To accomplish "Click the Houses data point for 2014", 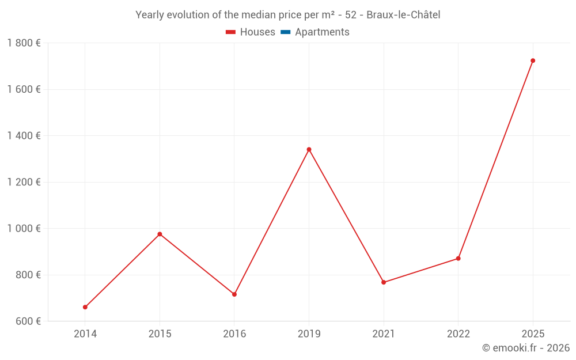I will pos(85,307).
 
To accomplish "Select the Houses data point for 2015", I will pos(160,234).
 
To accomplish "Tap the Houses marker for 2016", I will pos(234,294).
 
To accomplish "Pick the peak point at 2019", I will pos(309,149).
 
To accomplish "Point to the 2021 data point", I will pos(384,282).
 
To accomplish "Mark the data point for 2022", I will pos(458,258).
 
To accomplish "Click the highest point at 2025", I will pos(533,60).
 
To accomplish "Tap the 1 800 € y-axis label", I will pos(24,43).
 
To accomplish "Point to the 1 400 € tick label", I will pos(24,136).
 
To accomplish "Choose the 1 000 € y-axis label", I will pos(24,229).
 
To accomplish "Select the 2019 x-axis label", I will pos(309,334).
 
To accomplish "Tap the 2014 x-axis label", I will pos(85,334).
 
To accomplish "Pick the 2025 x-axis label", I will pos(533,334).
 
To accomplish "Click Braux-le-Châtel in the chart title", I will pos(403,15).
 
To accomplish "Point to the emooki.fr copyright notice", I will pos(525,348).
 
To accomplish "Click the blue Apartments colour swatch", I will pos(285,32).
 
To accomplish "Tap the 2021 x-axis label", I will pos(384,334).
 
